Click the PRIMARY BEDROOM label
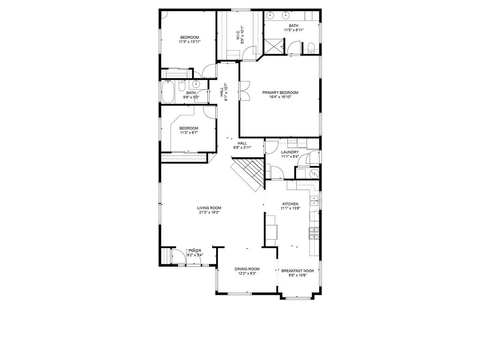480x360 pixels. pos(280,92)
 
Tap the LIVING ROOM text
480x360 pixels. pos(209,208)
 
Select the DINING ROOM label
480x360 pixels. pos(247,269)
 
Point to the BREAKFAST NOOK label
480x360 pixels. pos(297,270)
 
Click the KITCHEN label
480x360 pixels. pos(290,204)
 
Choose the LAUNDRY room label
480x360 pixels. pos(290,152)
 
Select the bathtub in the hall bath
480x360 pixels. pos(168,92)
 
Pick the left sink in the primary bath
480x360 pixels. pos(270,15)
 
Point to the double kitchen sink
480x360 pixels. pos(315,203)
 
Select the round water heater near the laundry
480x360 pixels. pos(314,173)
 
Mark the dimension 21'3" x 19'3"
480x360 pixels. pos(209,212)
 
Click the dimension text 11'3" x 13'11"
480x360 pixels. pos(190,42)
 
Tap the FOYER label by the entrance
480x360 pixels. pos(195,251)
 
